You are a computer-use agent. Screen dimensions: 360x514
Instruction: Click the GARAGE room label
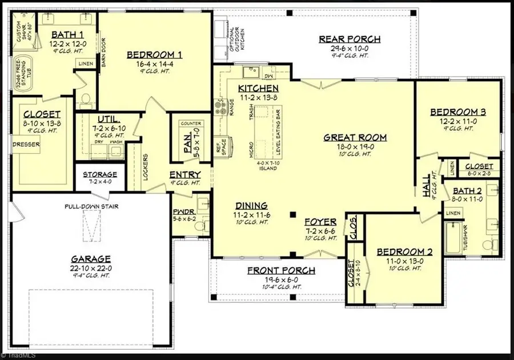click(91, 258)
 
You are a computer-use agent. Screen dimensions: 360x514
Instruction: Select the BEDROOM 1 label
click(154, 55)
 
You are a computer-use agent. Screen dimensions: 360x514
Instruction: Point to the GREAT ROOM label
click(355, 137)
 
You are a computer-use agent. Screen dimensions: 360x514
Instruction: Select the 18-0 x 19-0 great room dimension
click(355, 147)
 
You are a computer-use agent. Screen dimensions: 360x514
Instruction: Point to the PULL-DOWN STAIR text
click(91, 206)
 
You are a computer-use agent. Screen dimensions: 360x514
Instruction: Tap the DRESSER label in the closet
click(27, 145)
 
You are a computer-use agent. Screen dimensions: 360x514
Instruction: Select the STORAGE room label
click(100, 174)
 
